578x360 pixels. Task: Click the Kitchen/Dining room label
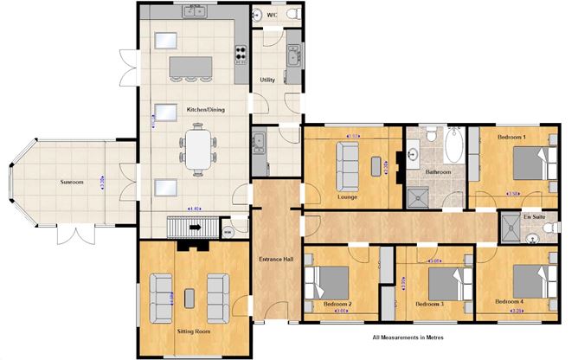205,110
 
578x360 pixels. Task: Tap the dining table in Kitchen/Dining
199,147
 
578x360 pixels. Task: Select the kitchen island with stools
193,67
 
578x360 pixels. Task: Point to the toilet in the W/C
290,16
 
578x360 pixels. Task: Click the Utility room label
267,80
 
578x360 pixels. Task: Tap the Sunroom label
71,183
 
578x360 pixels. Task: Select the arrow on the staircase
194,228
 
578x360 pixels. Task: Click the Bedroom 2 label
337,304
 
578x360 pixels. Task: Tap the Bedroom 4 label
509,301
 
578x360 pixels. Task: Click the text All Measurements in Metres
408,338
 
